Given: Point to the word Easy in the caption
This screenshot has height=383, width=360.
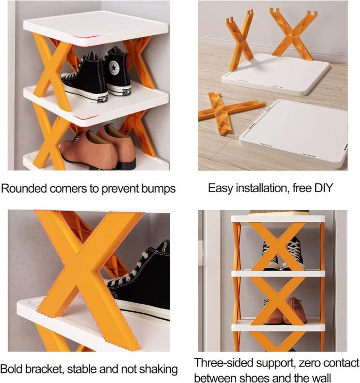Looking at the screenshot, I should tap(219, 188).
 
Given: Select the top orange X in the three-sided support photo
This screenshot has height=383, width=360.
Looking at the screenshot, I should tap(278, 246).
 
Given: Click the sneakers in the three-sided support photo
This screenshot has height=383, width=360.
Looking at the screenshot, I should tap(281, 254).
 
